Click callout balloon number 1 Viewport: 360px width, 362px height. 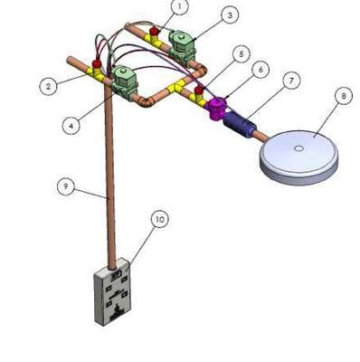click(179, 6)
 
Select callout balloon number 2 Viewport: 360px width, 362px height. click(48, 86)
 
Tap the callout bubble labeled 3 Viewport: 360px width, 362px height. click(230, 14)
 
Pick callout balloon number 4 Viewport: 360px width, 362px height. click(71, 125)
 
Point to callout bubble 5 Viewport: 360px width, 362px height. click(241, 54)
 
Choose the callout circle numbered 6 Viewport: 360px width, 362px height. click(261, 70)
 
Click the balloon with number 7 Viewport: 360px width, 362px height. click(291, 81)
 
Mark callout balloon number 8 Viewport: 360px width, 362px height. click(344, 96)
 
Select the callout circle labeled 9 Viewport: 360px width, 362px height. click(66, 186)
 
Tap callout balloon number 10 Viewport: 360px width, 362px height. click(160, 219)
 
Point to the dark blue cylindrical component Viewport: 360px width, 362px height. click(239, 124)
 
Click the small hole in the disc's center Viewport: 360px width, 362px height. click(298, 148)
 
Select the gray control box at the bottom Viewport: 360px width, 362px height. click(113, 291)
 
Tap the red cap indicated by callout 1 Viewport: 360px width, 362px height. click(155, 31)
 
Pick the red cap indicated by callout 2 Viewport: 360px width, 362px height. click(97, 63)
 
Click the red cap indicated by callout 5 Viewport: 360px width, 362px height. click(199, 90)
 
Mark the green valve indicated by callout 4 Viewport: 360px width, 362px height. click(125, 82)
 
